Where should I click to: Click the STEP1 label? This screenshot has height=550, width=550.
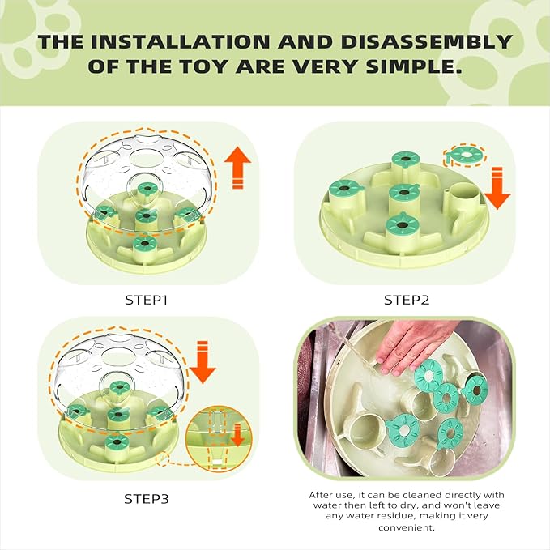(146, 300)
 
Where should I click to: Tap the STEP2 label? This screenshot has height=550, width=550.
(407, 300)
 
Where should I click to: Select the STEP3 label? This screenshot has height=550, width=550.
(147, 499)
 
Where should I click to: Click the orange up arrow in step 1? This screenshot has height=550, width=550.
(238, 168)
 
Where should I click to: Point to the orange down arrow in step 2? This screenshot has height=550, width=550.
(497, 189)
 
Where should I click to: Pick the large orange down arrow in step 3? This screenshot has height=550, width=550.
(203, 362)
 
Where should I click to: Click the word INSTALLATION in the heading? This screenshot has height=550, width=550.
(180, 42)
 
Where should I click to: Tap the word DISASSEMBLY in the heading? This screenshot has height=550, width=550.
(427, 42)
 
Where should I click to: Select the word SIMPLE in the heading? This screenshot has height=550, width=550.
(414, 66)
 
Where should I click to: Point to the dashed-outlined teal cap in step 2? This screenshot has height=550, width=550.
(466, 155)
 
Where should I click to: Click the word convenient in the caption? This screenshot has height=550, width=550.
(407, 527)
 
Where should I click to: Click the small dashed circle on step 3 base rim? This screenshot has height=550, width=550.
(162, 458)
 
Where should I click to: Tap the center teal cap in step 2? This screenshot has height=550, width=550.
(404, 193)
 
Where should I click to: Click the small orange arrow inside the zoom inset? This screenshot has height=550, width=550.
(237, 435)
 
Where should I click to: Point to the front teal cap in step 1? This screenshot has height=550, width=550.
(144, 243)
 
